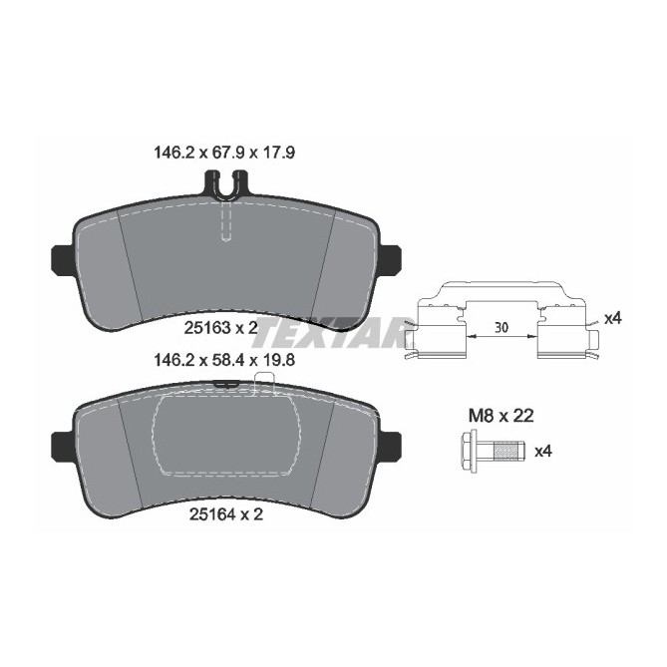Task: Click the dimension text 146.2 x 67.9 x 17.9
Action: click(x=224, y=153)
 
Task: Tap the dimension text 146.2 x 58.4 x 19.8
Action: click(x=224, y=360)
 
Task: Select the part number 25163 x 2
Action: click(x=220, y=328)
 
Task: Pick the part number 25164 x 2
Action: click(x=226, y=514)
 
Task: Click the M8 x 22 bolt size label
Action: click(x=500, y=416)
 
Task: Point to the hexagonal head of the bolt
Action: click(x=468, y=451)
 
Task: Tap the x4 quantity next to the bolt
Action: click(x=543, y=452)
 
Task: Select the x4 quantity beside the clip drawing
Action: click(x=612, y=318)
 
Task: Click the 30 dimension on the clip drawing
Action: click(x=501, y=328)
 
